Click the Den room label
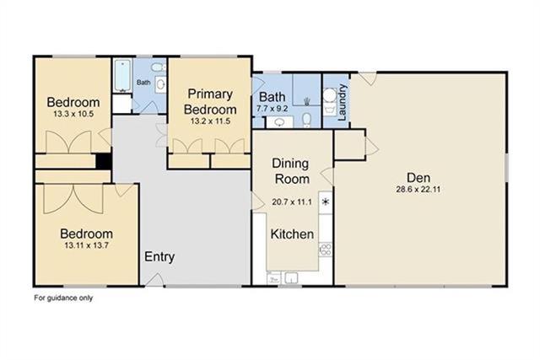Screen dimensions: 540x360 418,178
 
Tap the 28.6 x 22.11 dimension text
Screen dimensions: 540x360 418,190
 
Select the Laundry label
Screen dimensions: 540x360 342,102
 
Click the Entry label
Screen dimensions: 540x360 159,257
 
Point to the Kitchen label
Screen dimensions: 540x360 292,234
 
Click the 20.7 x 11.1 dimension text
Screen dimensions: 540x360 292,202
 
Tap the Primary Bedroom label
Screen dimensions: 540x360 210,101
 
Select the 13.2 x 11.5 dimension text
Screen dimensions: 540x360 210,121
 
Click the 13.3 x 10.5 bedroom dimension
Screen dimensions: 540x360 73,114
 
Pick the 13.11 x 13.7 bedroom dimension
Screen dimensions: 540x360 86,245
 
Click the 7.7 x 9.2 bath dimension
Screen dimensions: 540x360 272,109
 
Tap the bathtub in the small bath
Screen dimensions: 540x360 122,75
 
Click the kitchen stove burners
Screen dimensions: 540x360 326,250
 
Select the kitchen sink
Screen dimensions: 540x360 292,277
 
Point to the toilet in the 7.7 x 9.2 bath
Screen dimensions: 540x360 306,120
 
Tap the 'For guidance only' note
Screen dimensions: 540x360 63,298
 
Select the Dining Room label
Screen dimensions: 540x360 290,171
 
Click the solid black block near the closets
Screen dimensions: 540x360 103,161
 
